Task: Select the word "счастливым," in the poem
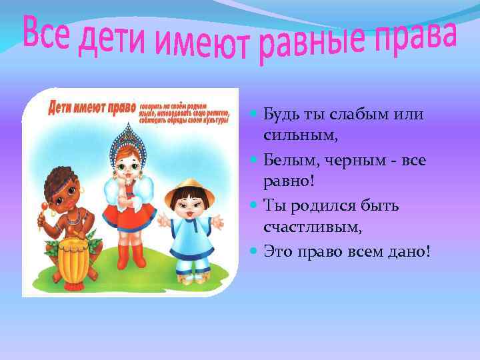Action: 313,227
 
